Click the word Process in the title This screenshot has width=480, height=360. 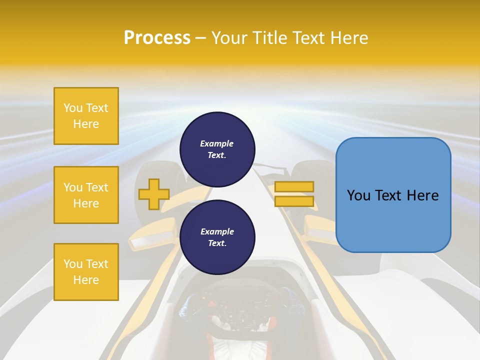tap(157, 38)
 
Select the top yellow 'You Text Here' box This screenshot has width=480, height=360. tap(86, 116)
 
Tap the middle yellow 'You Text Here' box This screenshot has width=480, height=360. tap(86, 195)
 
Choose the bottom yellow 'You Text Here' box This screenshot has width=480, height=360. tap(86, 271)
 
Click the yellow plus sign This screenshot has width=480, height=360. tap(154, 194)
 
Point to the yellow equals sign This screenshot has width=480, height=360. tap(294, 194)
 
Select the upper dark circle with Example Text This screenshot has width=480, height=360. tap(217, 149)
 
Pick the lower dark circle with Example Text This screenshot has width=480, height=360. tap(217, 237)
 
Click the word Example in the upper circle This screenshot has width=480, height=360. tap(217, 143)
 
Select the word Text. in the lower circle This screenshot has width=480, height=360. tap(217, 243)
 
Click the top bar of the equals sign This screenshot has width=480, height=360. tap(294, 187)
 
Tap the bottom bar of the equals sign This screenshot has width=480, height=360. tap(294, 201)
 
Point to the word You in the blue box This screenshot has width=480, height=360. tap(358, 195)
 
